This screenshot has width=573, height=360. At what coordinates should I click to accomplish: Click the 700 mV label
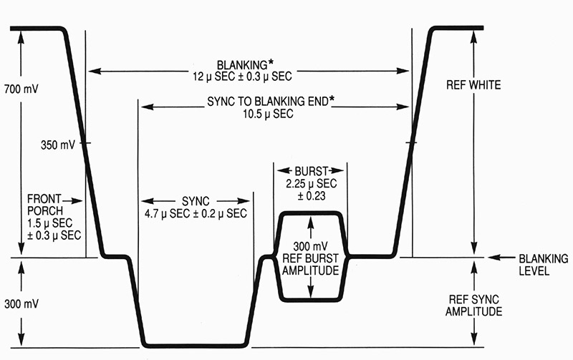click(x=21, y=89)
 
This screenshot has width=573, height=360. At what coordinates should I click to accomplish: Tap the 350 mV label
click(x=58, y=145)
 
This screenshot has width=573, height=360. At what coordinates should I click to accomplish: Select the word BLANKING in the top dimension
click(x=242, y=65)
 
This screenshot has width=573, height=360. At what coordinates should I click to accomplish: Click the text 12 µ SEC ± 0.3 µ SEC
click(x=242, y=77)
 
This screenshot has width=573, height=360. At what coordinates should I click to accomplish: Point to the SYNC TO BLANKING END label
click(x=268, y=101)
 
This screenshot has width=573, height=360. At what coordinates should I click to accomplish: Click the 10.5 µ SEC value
click(x=268, y=114)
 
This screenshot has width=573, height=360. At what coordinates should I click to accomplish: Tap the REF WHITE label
click(x=473, y=85)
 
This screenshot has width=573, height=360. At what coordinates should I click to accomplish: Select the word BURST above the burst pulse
click(x=312, y=171)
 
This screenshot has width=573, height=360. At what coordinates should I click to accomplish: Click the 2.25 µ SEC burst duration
click(x=312, y=183)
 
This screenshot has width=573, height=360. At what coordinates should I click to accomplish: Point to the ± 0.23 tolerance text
click(x=312, y=196)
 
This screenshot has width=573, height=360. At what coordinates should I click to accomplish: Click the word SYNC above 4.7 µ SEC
click(x=196, y=201)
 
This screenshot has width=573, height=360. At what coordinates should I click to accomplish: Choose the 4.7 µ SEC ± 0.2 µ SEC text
click(x=196, y=213)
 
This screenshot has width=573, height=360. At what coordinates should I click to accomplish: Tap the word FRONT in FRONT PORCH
click(x=44, y=199)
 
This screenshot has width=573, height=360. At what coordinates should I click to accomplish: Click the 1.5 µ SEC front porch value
click(x=49, y=223)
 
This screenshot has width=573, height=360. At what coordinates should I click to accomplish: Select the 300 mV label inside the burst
click(x=311, y=246)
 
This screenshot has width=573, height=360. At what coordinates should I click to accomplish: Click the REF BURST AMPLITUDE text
click(x=311, y=265)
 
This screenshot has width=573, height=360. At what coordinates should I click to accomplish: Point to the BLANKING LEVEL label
click(x=544, y=265)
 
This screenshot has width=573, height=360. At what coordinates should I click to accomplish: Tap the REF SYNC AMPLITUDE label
click(x=473, y=306)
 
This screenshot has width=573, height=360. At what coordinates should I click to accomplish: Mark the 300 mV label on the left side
click(x=21, y=303)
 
